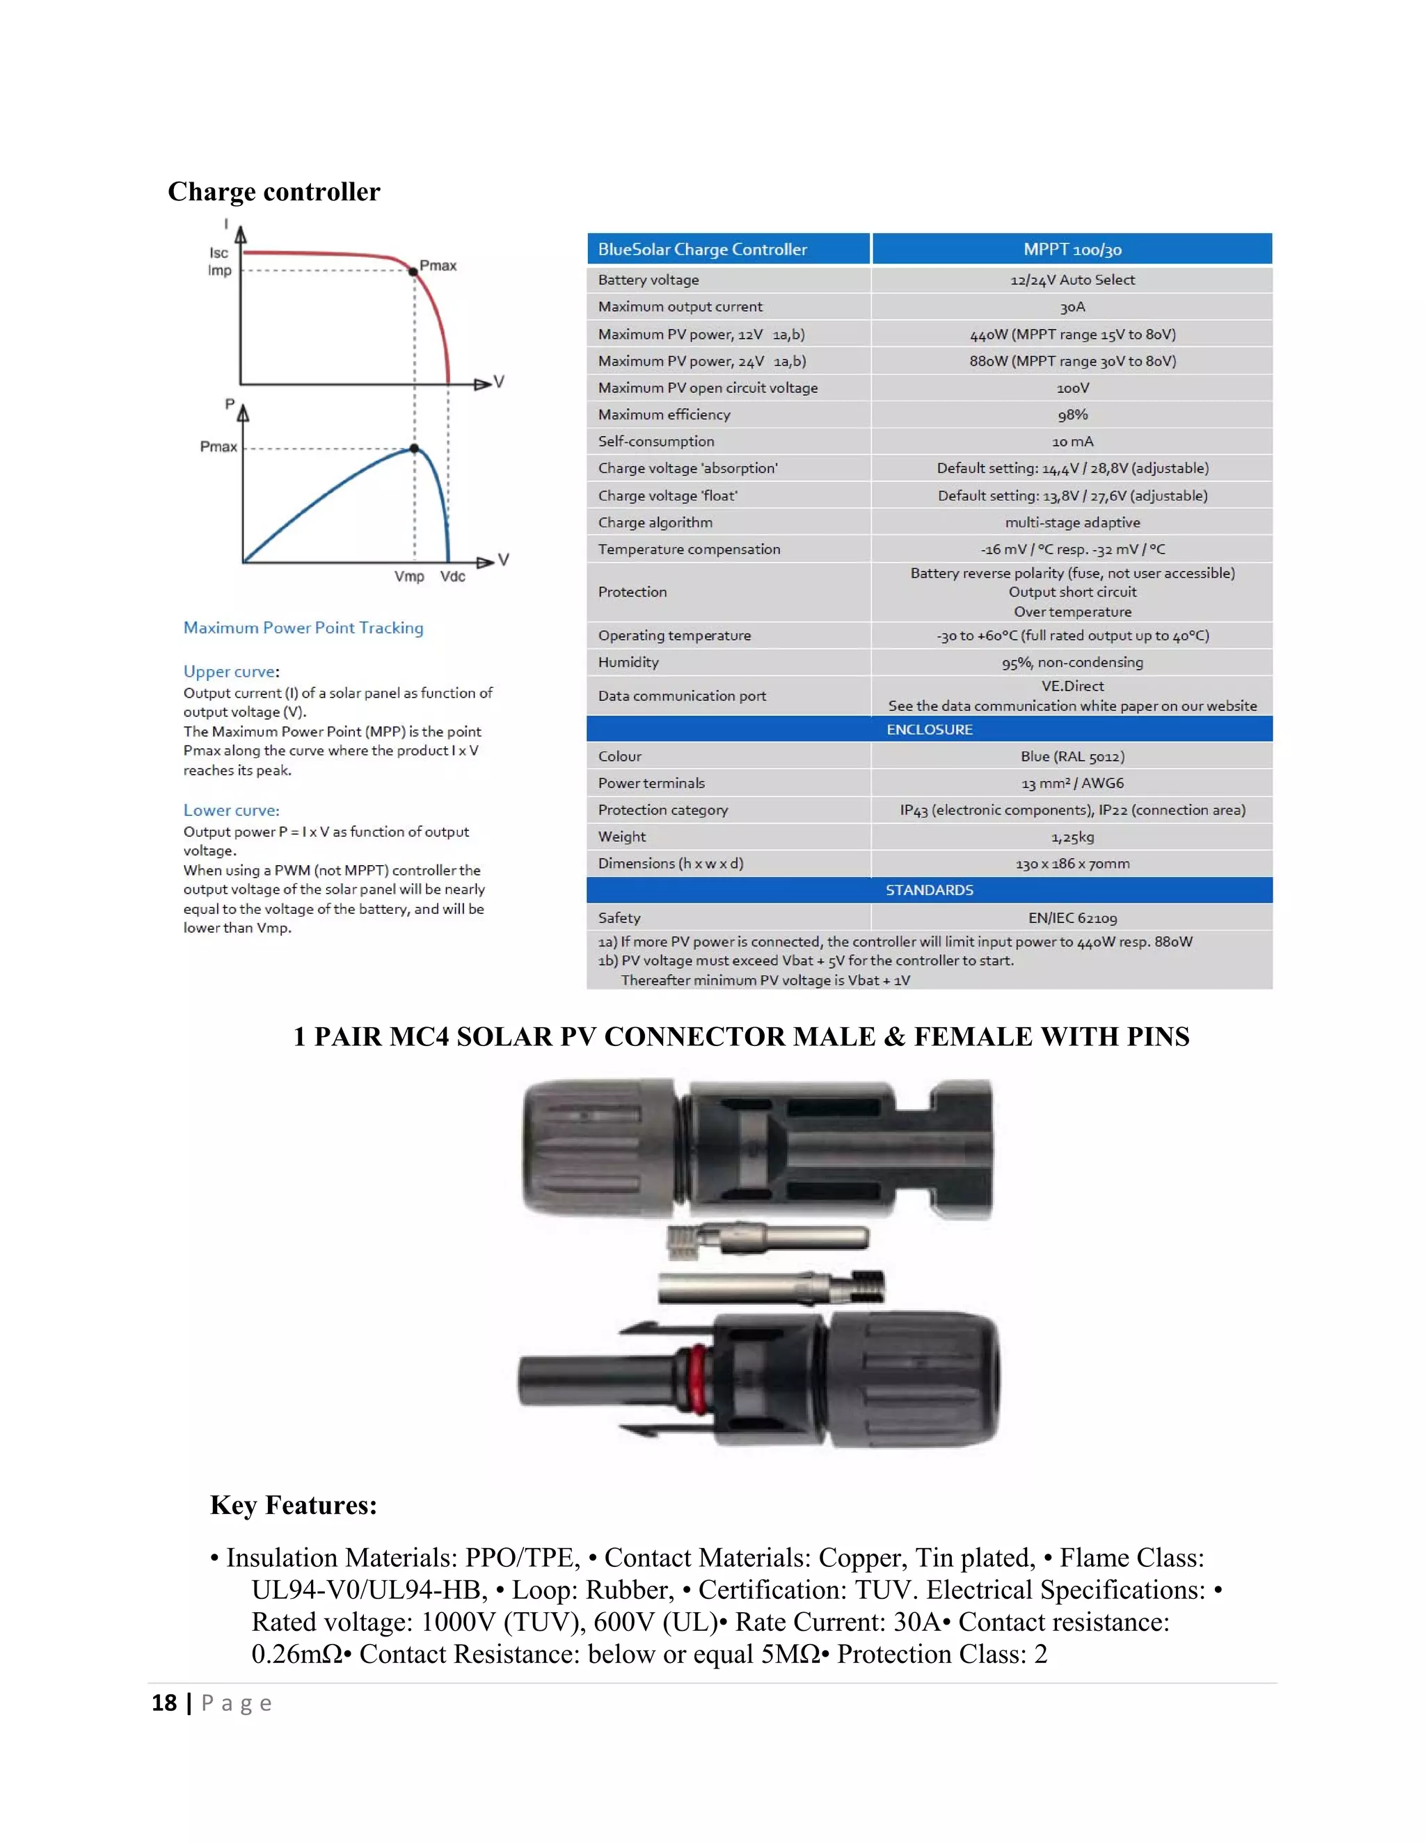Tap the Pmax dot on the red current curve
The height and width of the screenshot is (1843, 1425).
(413, 272)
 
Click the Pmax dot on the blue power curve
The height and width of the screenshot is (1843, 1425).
(414, 449)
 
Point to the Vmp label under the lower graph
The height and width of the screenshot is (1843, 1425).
(408, 577)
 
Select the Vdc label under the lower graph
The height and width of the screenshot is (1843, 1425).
(452, 577)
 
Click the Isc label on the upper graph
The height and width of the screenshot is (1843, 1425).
(218, 253)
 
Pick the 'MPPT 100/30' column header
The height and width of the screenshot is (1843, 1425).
(1072, 250)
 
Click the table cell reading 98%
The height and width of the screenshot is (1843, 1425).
(1072, 415)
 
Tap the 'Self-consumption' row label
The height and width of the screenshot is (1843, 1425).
(656, 442)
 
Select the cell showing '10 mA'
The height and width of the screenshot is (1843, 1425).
(1072, 442)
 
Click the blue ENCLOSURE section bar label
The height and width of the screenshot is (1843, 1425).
(929, 729)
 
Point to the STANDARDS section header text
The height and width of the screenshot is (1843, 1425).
(929, 890)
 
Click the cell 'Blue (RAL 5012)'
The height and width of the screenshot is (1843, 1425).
(1072, 756)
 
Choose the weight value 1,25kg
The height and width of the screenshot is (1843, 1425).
(1072, 837)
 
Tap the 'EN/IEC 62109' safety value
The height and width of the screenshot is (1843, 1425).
(1072, 918)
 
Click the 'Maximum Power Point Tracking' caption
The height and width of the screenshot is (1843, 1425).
(303, 628)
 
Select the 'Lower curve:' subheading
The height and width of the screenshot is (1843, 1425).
(231, 810)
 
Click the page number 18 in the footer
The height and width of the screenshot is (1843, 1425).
(164, 1703)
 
